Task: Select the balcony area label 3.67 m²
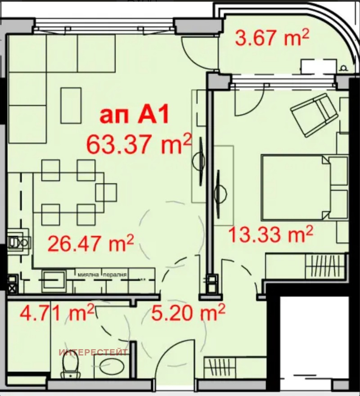click(x=272, y=39)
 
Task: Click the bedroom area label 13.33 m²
click(x=271, y=234)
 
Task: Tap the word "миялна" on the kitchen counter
click(x=88, y=274)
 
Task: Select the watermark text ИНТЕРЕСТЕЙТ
click(x=93, y=352)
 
